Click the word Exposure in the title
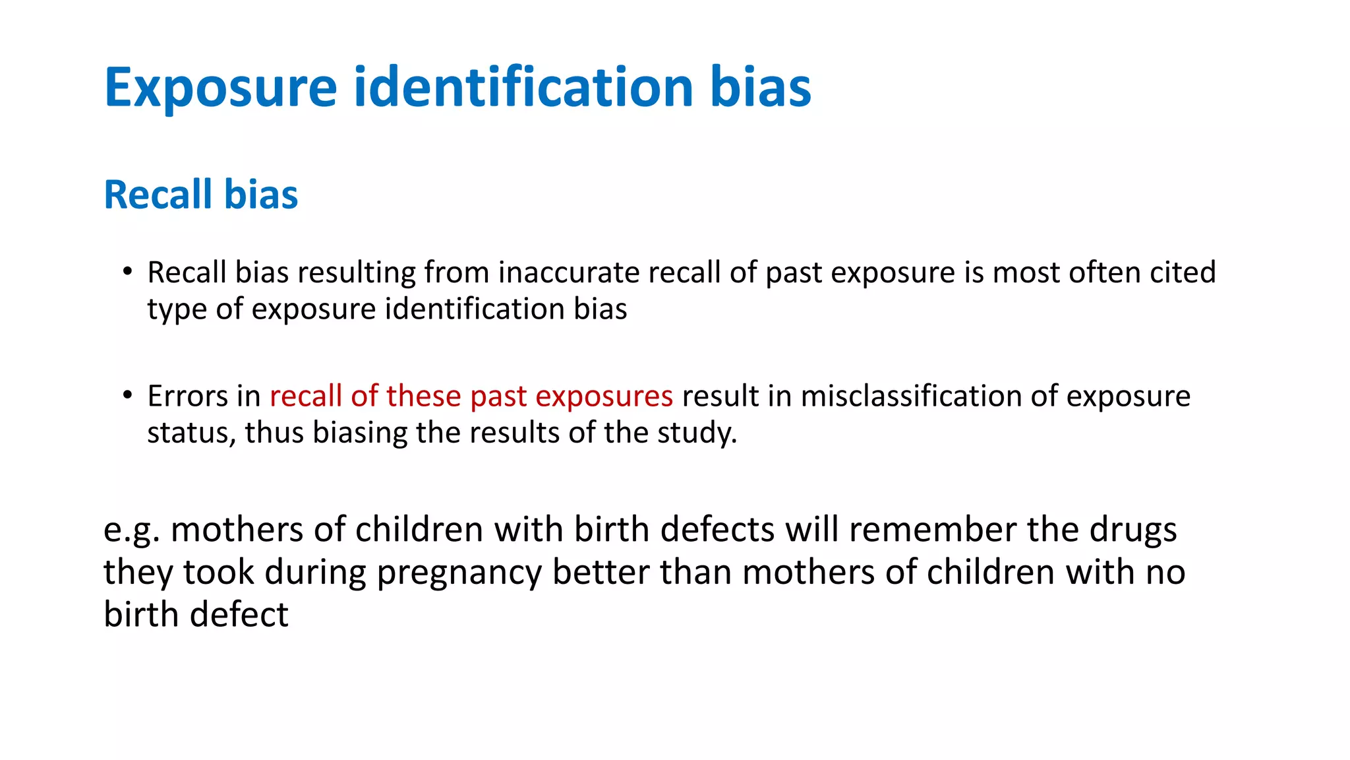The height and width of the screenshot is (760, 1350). (220, 88)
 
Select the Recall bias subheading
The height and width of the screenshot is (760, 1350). (201, 195)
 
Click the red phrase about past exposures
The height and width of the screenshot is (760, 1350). (471, 396)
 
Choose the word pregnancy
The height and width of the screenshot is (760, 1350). (459, 573)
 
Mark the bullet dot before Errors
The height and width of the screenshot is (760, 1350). (127, 396)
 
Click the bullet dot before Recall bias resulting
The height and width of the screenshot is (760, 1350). (127, 272)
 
